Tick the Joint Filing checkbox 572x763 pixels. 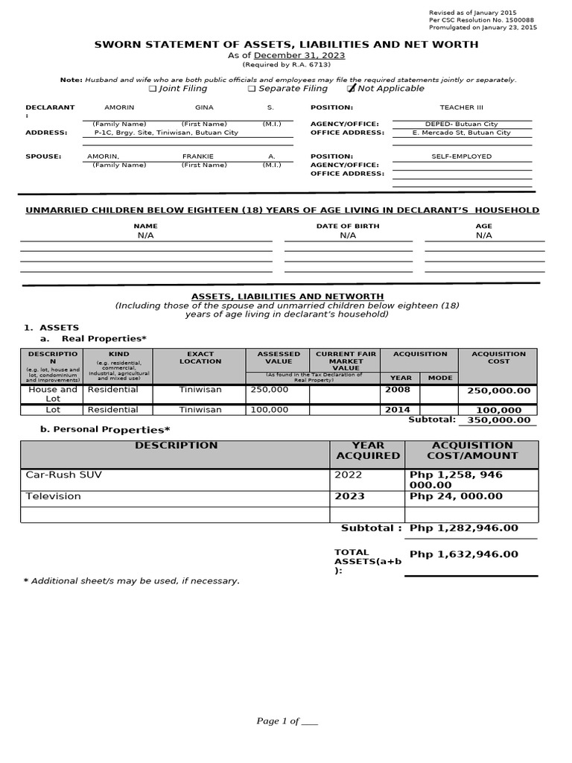pos(153,89)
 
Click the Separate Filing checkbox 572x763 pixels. pos(252,89)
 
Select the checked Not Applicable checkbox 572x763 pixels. pos(352,89)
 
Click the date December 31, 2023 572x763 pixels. pos(299,56)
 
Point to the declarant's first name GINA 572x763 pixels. pos(204,107)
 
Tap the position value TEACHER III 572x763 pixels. pos(462,107)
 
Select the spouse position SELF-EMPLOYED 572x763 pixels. pos(462,156)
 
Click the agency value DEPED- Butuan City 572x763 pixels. pos(462,124)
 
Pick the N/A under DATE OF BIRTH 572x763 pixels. pos(348,235)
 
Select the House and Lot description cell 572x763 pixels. pos(53,394)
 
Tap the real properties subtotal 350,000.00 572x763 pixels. pos(499,420)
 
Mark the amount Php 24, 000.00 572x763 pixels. pos(456,496)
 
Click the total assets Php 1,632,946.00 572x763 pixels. pos(463,554)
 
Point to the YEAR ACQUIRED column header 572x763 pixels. pos(368,450)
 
